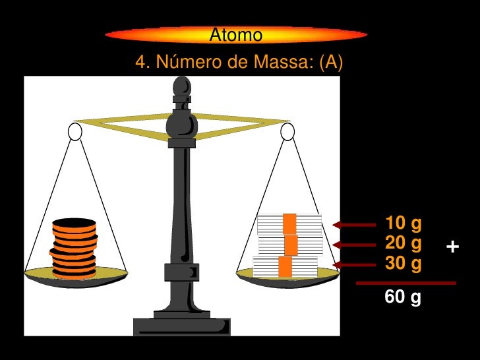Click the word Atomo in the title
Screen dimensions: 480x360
point(235,35)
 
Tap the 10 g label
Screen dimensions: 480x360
point(403,224)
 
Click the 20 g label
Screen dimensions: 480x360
point(403,243)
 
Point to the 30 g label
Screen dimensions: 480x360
point(403,264)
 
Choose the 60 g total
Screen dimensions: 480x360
point(403,298)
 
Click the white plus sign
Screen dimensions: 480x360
point(452,248)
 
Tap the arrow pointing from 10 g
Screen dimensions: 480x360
point(354,225)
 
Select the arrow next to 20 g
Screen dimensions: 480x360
point(354,245)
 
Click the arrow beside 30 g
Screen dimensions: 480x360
point(354,265)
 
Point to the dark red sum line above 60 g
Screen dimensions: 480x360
point(405,283)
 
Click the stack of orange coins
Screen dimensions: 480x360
point(74,247)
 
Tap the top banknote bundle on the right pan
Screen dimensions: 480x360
point(289,224)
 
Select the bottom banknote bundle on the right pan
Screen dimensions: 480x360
point(285,266)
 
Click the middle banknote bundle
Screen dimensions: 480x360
point(290,245)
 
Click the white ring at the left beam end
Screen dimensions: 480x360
point(75,132)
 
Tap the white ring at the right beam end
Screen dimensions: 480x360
point(287,132)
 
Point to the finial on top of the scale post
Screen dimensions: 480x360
point(181,88)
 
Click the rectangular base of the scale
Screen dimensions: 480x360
point(181,326)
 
